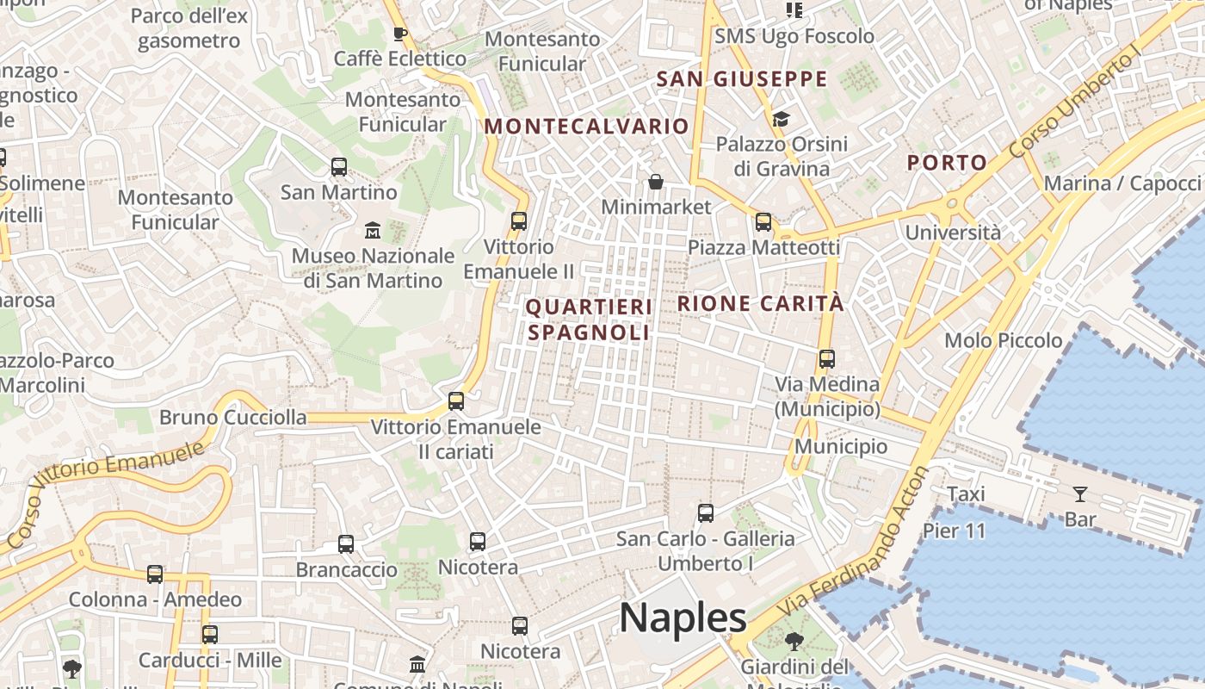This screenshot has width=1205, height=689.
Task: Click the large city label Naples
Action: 683,618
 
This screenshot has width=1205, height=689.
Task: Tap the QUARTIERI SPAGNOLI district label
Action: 589,320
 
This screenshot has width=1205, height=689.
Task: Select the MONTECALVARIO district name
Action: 586,127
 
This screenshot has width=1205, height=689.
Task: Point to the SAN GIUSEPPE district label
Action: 741,79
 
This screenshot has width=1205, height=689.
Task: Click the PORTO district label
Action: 947,163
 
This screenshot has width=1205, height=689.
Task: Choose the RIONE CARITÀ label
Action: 761,303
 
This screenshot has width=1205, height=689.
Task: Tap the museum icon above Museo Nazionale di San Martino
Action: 373,231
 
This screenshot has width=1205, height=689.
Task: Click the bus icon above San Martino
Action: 339,167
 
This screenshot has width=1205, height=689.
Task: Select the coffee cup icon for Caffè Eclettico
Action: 399,34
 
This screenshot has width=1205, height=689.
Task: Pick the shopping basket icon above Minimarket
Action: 656,182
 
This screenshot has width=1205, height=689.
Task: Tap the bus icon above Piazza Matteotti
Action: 763,222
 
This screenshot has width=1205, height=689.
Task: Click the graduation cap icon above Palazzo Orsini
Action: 781,119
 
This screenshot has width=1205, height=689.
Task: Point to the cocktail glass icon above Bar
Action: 1080,494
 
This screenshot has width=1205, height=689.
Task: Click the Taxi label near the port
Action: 966,494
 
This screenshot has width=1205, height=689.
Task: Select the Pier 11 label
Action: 954,531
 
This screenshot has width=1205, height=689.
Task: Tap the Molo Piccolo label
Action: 1004,340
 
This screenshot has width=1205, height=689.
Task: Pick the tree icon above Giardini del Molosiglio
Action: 794,642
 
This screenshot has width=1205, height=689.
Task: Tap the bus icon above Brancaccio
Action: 346,544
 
